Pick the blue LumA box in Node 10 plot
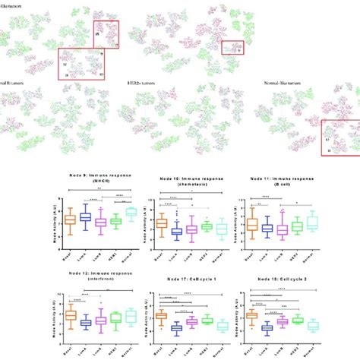[x=177, y=230]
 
